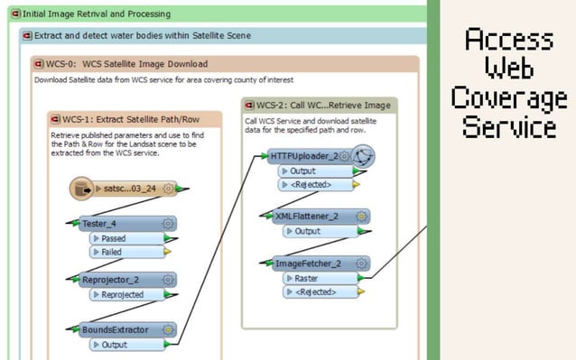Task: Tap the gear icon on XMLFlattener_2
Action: [361, 217]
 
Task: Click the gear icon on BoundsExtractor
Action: [167, 329]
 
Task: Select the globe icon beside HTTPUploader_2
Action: [362, 157]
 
